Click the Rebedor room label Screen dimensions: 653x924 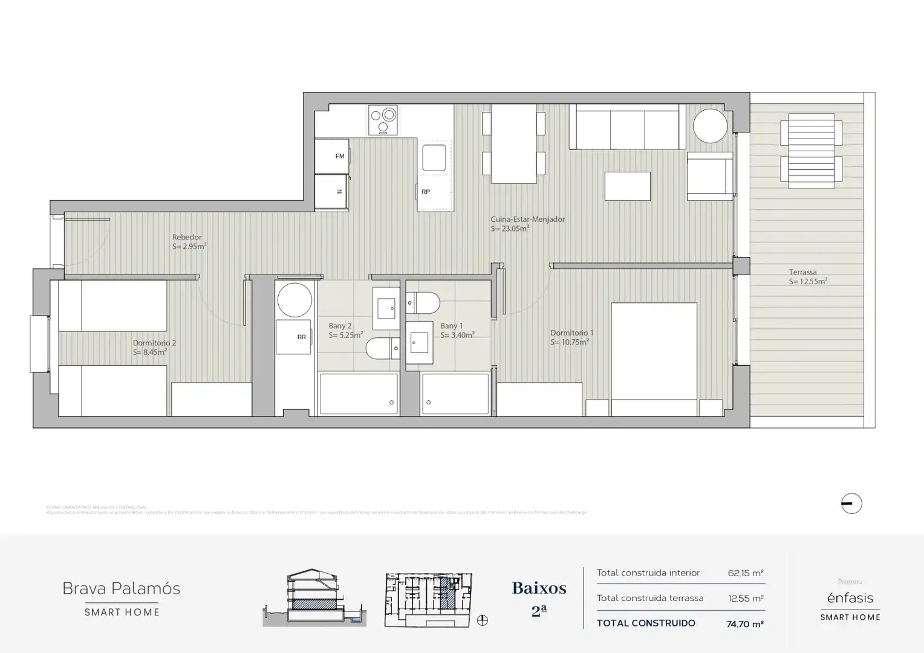point(187,238)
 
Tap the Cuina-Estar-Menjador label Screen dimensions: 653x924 point(527,219)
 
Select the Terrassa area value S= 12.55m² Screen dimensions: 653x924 point(807,282)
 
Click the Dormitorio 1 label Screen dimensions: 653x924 point(571,333)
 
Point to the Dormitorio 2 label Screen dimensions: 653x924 point(154,343)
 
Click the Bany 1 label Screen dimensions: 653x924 point(451,326)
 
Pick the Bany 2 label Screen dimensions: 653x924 point(340,326)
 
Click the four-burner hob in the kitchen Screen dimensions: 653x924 point(383,120)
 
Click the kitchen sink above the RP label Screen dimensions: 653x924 point(434,158)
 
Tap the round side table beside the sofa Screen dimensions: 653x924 point(710,126)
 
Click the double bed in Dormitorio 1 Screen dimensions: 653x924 point(654,357)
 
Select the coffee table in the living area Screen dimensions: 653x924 point(628,186)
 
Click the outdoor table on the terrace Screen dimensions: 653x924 point(811,149)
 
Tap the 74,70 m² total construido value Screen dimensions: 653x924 point(744,624)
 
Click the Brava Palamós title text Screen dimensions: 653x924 point(122,588)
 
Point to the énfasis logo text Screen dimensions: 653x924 point(850,598)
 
